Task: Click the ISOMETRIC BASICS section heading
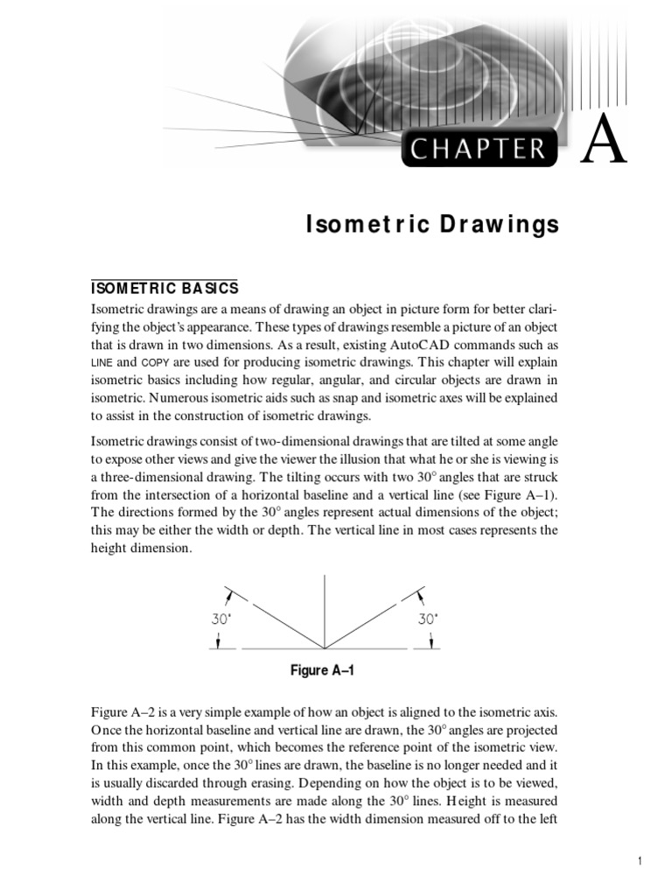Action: (164, 288)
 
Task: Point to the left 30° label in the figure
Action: (221, 618)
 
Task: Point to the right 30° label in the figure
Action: (427, 618)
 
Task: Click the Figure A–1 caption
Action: (322, 671)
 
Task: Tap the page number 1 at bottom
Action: (640, 862)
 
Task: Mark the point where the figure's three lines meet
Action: (325, 648)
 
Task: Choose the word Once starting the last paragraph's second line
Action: (107, 730)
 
